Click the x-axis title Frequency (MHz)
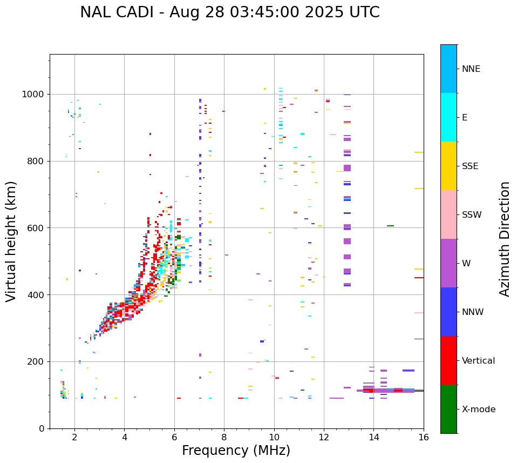[236, 451]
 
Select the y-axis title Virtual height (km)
[11, 241]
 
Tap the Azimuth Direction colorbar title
[505, 239]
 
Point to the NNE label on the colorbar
[471, 69]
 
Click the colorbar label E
[465, 118]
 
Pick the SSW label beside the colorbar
[472, 215]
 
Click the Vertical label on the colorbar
[479, 361]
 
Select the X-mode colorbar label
[479, 410]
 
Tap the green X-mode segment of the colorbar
[448, 409]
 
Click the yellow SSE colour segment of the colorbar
[448, 166]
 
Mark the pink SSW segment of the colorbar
[448, 214]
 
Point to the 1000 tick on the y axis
[35, 95]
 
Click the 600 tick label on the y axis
[37, 228]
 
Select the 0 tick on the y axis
[42, 428]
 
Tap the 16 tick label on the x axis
[424, 437]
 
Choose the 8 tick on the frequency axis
[224, 437]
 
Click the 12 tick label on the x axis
[324, 437]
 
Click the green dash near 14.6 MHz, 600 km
[390, 226]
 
